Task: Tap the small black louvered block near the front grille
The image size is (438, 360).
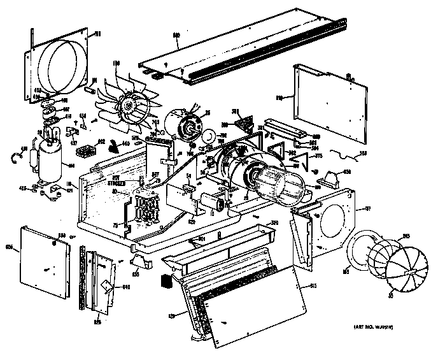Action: click(166, 280)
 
